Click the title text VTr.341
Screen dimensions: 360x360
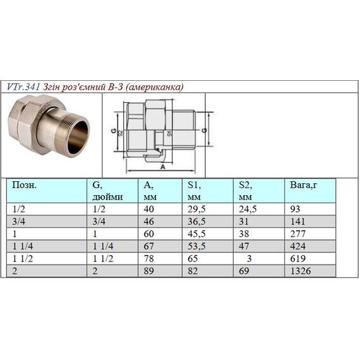pyautogui.click(x=24, y=87)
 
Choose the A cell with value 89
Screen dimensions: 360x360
pyautogui.click(x=148, y=270)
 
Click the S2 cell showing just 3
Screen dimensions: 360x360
pyautogui.click(x=250, y=258)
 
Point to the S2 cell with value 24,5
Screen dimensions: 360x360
pyautogui.click(x=248, y=209)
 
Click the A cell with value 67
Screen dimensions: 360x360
pyautogui.click(x=148, y=246)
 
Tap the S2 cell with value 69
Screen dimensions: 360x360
pyautogui.click(x=244, y=270)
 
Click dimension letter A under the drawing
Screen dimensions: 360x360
pyautogui.click(x=164, y=167)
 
